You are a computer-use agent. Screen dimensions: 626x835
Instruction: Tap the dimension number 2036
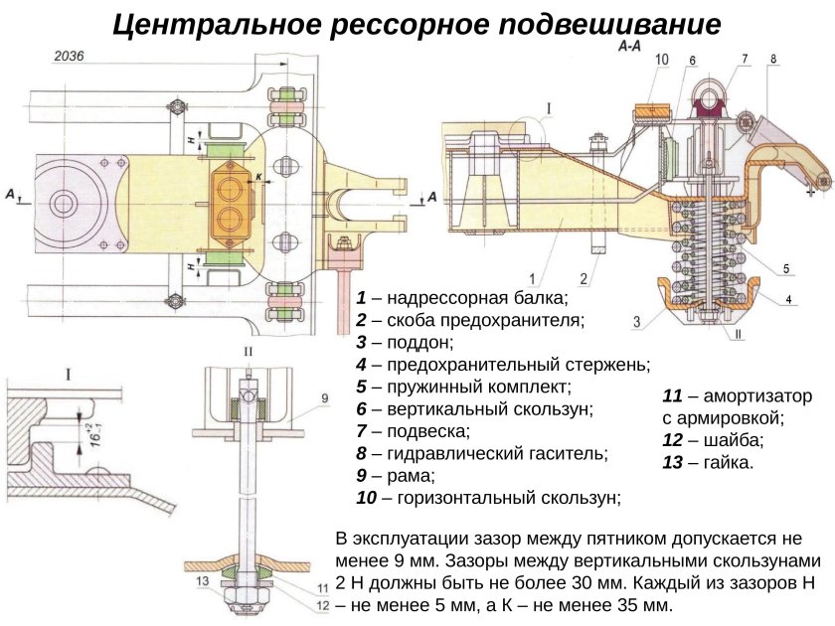pyautogui.click(x=68, y=58)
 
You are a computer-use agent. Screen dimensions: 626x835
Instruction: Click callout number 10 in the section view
pyautogui.click(x=662, y=61)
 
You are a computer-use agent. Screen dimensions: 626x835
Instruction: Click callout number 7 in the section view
pyautogui.click(x=743, y=61)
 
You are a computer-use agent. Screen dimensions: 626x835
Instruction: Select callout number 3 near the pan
pyautogui.click(x=636, y=320)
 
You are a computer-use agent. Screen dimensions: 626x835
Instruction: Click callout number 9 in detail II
pyautogui.click(x=323, y=398)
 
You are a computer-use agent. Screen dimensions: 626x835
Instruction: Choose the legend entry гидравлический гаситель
pyautogui.click(x=481, y=453)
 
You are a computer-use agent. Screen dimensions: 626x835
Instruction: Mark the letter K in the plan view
pyautogui.click(x=258, y=177)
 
